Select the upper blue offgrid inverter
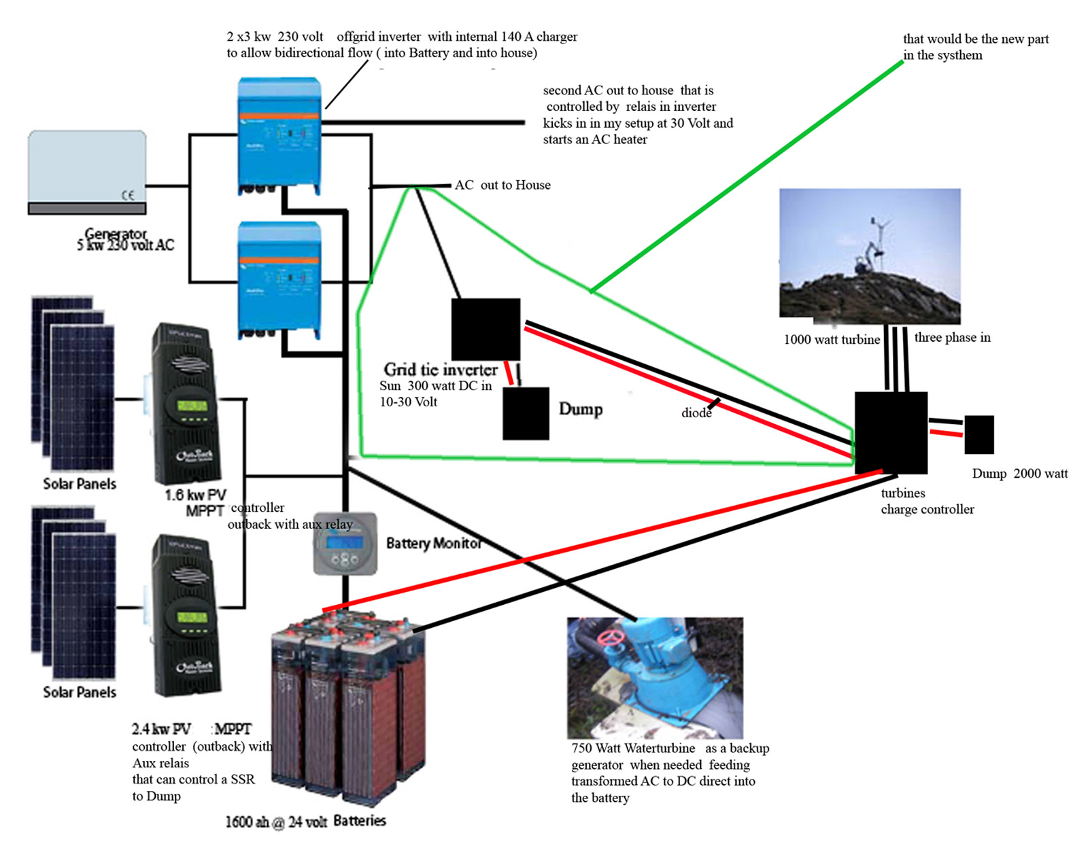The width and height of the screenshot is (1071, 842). click(279, 135)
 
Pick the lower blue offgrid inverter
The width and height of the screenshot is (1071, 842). click(279, 279)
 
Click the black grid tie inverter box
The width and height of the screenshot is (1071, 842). click(486, 329)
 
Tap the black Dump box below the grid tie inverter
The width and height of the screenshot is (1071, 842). click(526, 413)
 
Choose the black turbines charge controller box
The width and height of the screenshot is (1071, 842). click(891, 432)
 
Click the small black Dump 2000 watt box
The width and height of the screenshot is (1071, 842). click(979, 434)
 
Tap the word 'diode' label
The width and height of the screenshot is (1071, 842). click(696, 413)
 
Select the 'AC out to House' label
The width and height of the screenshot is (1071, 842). click(503, 185)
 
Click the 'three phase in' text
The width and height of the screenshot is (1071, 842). click(952, 338)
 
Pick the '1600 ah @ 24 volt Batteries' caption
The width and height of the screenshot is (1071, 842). click(305, 821)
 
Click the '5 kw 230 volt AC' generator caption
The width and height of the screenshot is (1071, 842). click(126, 245)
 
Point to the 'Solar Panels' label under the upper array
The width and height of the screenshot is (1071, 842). click(80, 484)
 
